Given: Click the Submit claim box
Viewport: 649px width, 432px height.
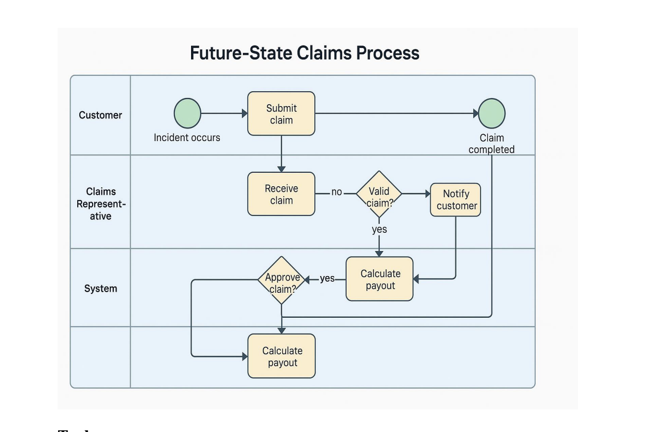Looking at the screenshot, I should tap(281, 114).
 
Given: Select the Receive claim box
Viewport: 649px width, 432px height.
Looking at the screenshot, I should tap(281, 194).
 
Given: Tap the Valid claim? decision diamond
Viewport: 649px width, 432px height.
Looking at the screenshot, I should tap(379, 194).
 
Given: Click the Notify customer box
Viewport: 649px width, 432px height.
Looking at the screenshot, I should tap(456, 200).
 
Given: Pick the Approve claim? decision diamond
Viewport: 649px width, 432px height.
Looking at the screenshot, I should tap(282, 280).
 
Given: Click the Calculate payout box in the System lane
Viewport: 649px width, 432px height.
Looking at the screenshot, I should tap(380, 279).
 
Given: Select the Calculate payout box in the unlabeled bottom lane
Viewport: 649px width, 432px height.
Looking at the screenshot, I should tap(282, 356).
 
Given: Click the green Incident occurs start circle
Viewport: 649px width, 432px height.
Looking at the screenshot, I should tap(187, 113).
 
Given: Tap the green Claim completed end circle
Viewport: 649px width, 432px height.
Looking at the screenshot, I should tap(492, 113).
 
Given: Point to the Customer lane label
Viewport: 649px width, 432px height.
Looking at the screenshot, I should tap(100, 115).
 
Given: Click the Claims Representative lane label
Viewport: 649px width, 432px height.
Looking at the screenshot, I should tap(101, 204).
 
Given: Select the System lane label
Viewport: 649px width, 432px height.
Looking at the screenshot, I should tap(101, 288).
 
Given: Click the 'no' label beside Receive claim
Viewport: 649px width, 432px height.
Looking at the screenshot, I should tap(337, 192).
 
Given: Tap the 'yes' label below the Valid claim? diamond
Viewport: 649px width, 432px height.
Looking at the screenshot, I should tap(379, 229).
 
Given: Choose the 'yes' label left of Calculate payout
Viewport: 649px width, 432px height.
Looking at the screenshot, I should tap(327, 278).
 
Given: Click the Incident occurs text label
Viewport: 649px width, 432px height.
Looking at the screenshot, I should tap(187, 138).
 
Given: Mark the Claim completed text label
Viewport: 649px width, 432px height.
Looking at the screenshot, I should tap(492, 144).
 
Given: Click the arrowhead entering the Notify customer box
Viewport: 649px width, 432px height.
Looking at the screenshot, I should tap(428, 194).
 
